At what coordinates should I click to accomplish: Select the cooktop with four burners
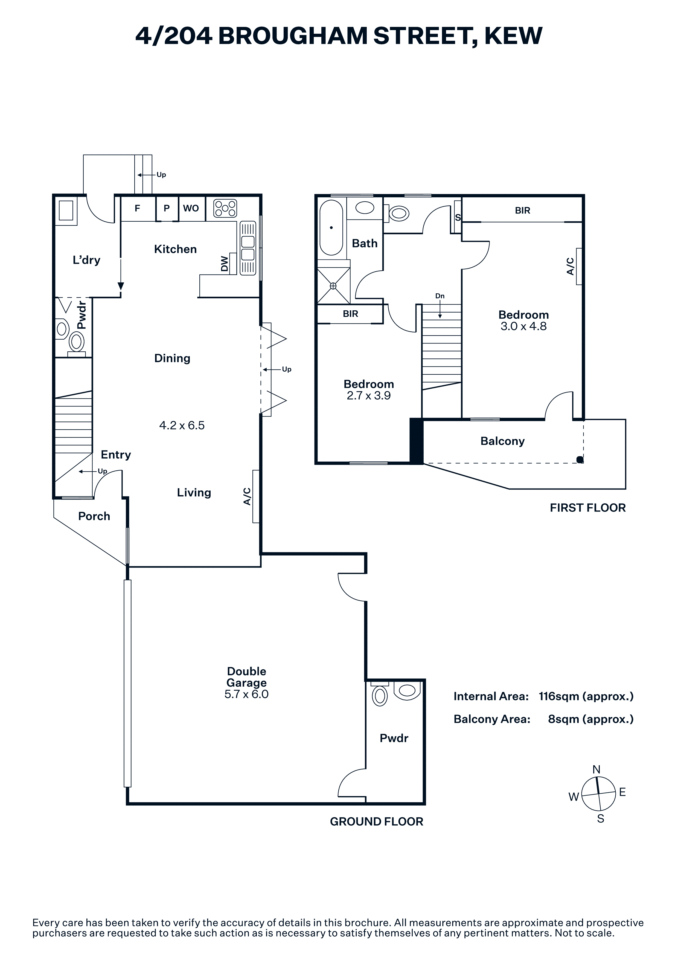click(x=225, y=208)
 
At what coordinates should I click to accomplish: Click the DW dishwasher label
click(x=225, y=264)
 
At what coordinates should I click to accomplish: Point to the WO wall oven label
click(x=191, y=208)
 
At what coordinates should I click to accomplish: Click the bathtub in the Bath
click(x=331, y=227)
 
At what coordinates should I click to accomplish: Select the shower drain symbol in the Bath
click(x=333, y=286)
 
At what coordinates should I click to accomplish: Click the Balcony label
click(x=502, y=441)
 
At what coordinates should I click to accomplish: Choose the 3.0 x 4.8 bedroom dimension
click(x=523, y=326)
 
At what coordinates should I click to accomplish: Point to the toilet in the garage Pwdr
click(x=380, y=695)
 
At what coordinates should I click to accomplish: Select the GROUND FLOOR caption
click(x=376, y=822)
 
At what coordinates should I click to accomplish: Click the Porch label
click(x=94, y=516)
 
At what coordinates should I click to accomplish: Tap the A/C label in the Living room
click(x=247, y=496)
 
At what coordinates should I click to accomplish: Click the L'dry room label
click(x=86, y=261)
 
